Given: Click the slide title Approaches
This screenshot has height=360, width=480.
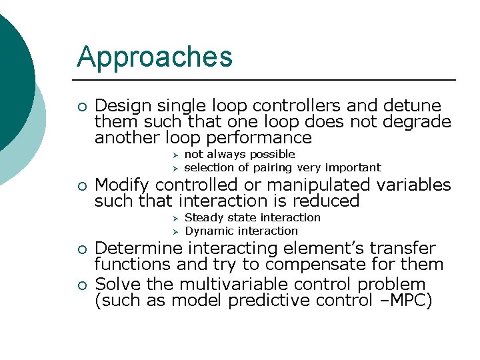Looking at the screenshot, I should tap(155, 57).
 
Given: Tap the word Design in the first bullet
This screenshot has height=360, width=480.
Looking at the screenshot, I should tap(120, 105).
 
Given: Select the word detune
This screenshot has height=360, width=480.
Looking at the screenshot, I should tap(413, 105).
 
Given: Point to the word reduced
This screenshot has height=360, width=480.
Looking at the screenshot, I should tap(326, 201).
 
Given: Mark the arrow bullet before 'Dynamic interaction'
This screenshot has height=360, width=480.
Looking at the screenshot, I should tap(175, 231).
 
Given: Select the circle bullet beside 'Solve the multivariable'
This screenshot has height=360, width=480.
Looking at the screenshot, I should tap(81, 285).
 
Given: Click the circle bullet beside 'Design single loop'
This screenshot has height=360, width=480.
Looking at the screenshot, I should tap(81, 106).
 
